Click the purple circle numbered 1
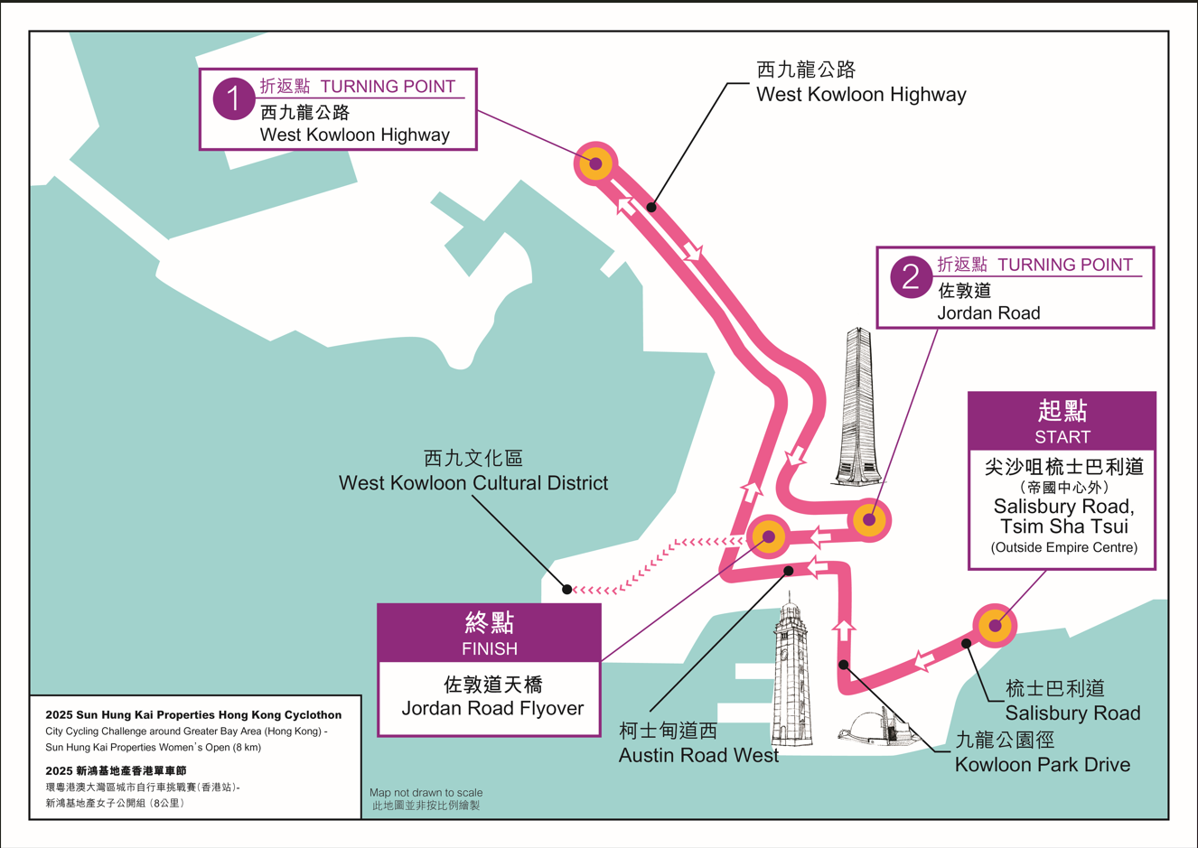click(x=233, y=98)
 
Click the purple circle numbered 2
click(x=910, y=276)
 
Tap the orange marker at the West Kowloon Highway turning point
click(x=595, y=163)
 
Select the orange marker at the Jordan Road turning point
click(x=869, y=519)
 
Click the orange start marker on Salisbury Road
click(x=995, y=625)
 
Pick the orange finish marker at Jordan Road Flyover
click(x=769, y=536)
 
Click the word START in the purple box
click(x=1062, y=437)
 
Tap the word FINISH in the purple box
click(x=489, y=648)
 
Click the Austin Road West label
click(x=698, y=755)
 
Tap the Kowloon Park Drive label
click(x=1042, y=764)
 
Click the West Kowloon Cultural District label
click(x=473, y=482)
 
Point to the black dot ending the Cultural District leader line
click(x=567, y=589)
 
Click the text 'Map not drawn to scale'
click(x=426, y=792)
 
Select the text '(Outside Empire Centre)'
click(x=1062, y=547)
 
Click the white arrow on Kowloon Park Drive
click(x=844, y=629)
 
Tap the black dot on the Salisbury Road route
click(x=967, y=643)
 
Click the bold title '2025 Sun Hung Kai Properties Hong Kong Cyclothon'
click(x=193, y=714)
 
